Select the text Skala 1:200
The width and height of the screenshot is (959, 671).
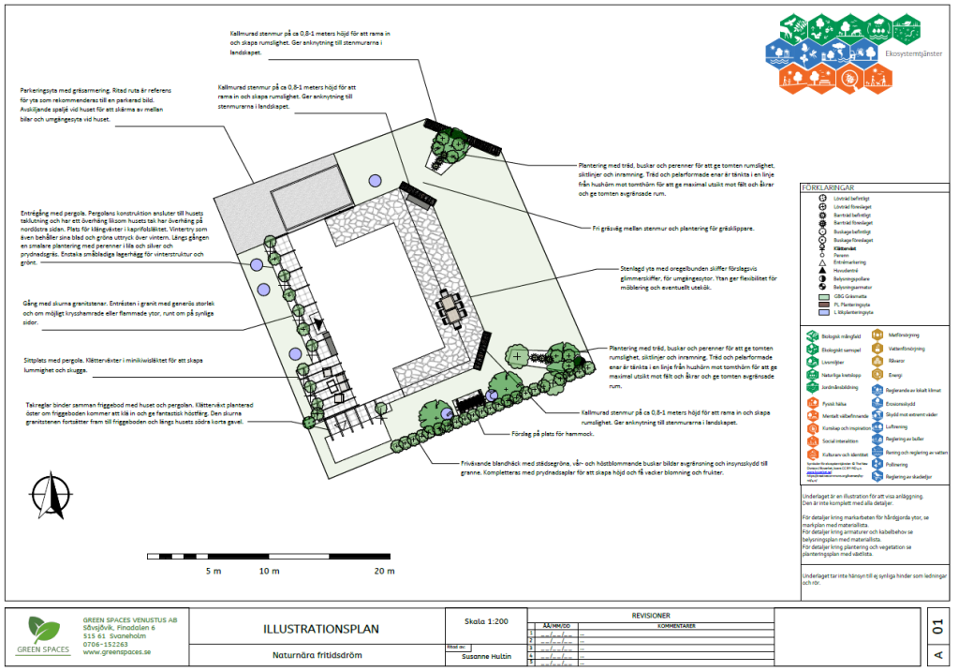486,621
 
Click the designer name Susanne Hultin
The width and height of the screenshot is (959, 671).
486,656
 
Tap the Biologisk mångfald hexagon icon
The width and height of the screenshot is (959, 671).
812,333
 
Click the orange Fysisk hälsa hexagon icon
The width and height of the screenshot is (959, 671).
812,403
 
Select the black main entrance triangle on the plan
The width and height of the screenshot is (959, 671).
319,324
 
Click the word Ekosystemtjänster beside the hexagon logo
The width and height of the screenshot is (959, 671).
913,53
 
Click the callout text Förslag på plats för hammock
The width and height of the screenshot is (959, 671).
522,435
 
